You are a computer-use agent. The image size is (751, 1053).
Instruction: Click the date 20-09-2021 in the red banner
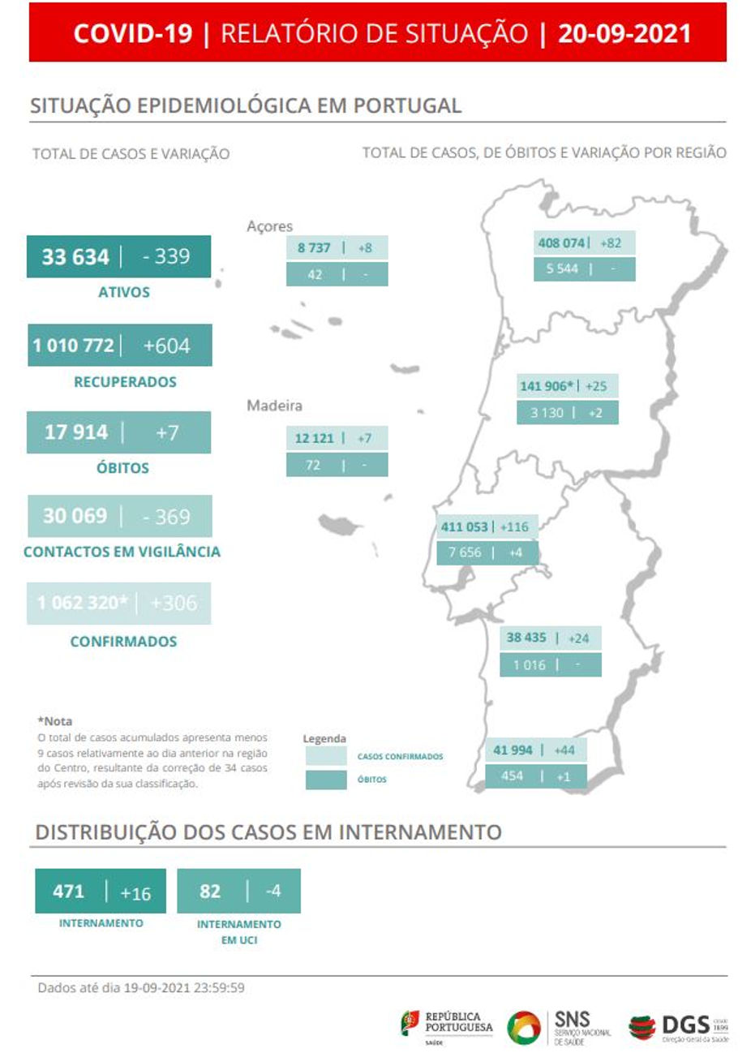pos(624,33)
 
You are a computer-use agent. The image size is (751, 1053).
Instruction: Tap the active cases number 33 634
pos(75,257)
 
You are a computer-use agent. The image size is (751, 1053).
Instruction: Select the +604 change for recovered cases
pos(166,346)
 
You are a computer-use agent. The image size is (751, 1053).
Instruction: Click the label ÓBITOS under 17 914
pos(122,468)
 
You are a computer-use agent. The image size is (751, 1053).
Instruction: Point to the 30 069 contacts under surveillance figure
pos(75,516)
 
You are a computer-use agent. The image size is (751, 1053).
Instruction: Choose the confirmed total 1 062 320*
pos(83,603)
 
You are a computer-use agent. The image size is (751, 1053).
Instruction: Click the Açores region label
pos(269,226)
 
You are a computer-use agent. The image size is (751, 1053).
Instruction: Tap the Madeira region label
pos(274,406)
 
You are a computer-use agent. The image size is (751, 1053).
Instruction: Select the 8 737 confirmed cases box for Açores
pos(314,248)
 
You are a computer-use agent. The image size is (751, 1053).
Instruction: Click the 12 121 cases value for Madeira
pos(314,438)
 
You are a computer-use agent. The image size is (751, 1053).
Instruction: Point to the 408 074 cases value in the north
pos(561,243)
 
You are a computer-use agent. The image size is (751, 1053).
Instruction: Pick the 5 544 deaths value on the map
pos(562,269)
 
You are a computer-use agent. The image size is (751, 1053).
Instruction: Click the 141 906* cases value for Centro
pos(547,386)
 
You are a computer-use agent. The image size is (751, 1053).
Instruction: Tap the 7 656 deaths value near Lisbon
pos(465,552)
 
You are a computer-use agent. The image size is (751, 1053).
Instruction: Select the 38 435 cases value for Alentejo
pos(526,638)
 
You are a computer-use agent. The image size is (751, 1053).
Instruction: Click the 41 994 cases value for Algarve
pos(513,750)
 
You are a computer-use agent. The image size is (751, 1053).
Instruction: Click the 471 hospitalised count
pos(68,892)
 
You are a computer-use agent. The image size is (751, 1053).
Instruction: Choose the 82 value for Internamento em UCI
pos(209,892)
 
